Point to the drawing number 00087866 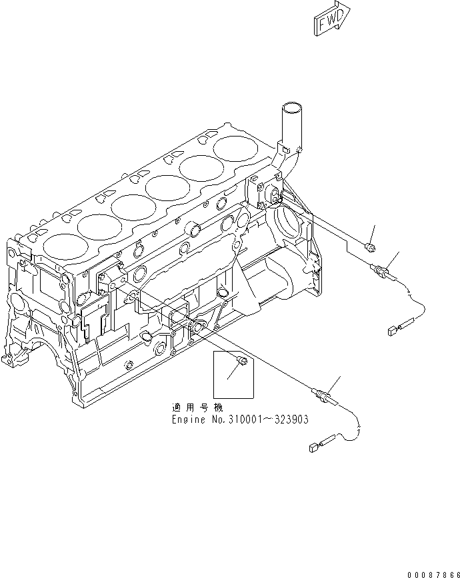(433, 571)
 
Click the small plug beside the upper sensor (370, 248)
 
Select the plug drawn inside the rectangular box (243, 361)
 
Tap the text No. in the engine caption (214, 420)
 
